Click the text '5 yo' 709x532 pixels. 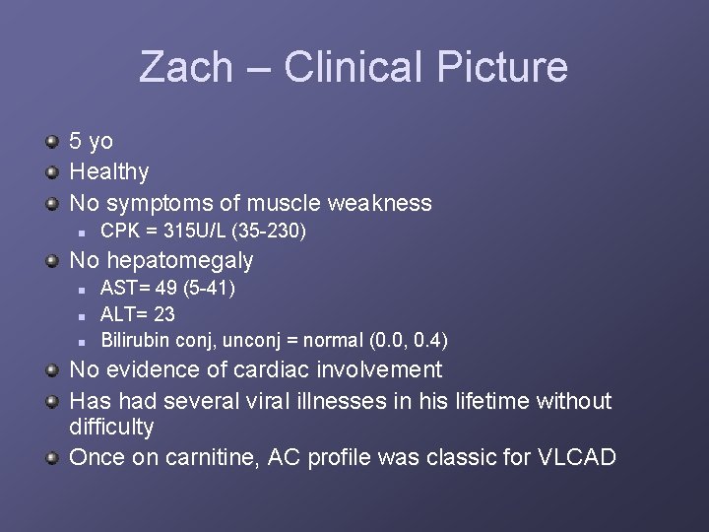(x=91, y=142)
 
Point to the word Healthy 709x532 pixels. (x=109, y=172)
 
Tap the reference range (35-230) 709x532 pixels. (x=273, y=233)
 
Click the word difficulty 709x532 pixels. (x=111, y=428)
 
